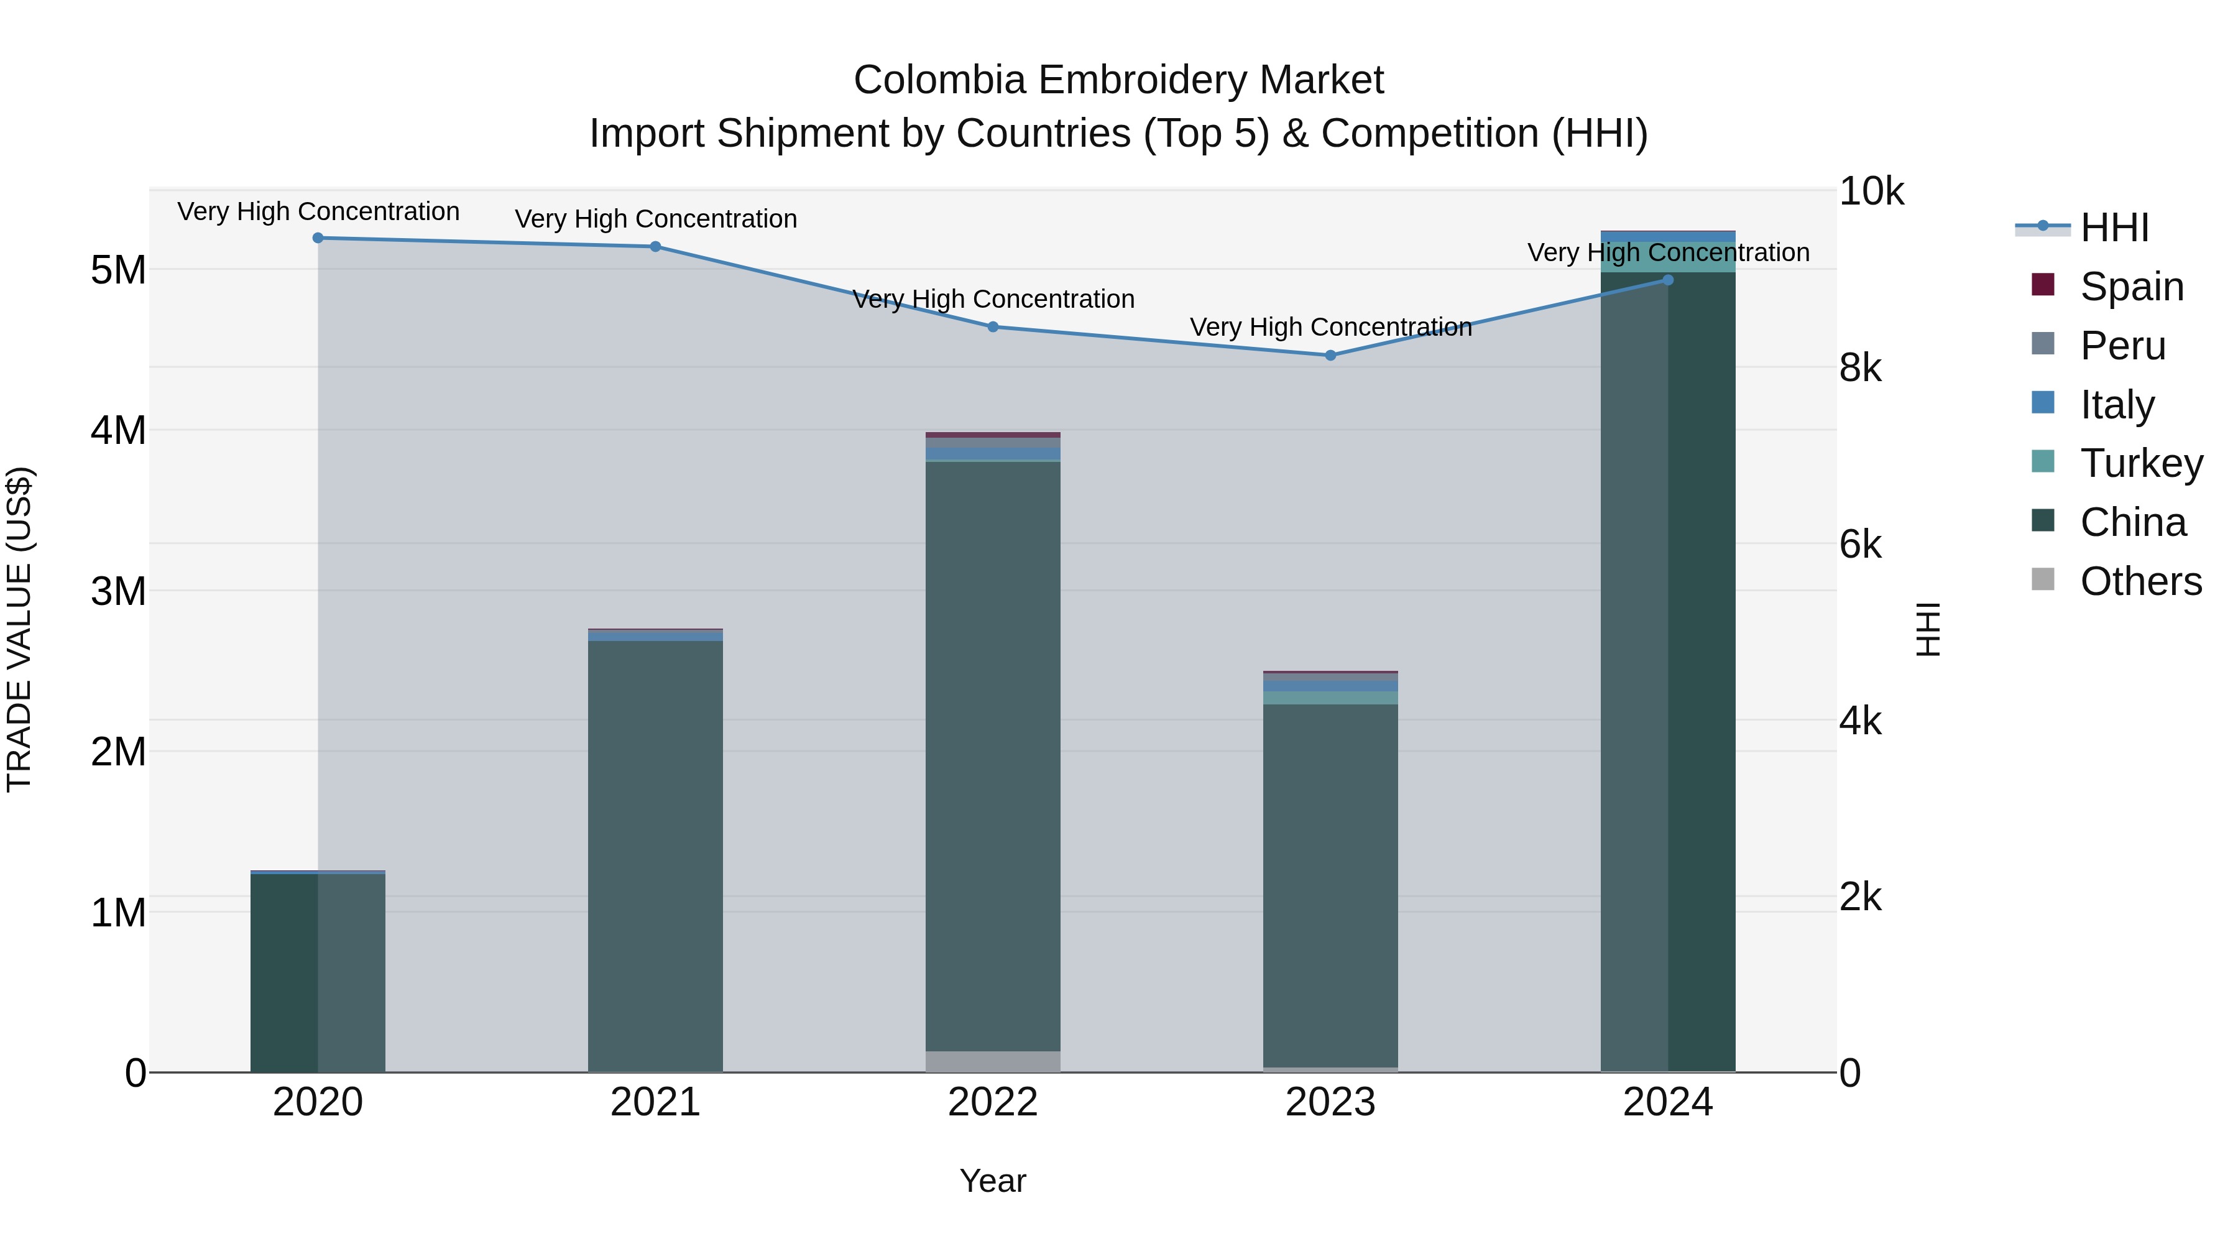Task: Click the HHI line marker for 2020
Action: click(318, 238)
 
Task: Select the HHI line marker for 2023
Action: click(1330, 356)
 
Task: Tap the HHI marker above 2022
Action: click(993, 326)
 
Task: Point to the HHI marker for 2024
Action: click(1667, 280)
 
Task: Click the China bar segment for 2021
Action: click(655, 856)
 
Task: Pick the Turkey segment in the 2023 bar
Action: click(1330, 698)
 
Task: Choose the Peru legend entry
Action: click(2122, 346)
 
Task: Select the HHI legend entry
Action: click(2113, 228)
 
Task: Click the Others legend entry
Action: click(2140, 581)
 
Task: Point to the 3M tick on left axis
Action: click(118, 591)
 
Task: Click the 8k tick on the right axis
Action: click(1860, 369)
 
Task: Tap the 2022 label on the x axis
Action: click(993, 1102)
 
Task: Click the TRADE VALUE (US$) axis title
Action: click(19, 629)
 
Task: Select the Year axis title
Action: click(993, 1181)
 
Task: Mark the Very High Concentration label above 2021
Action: click(655, 219)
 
